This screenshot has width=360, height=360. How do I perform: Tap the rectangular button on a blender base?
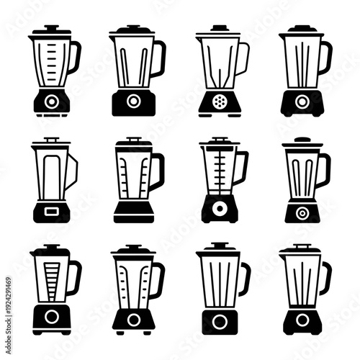(50, 211)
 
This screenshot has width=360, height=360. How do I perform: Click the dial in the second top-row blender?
(133, 102)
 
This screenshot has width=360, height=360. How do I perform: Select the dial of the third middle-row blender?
(219, 210)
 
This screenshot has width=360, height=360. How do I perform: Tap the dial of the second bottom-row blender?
(133, 316)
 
